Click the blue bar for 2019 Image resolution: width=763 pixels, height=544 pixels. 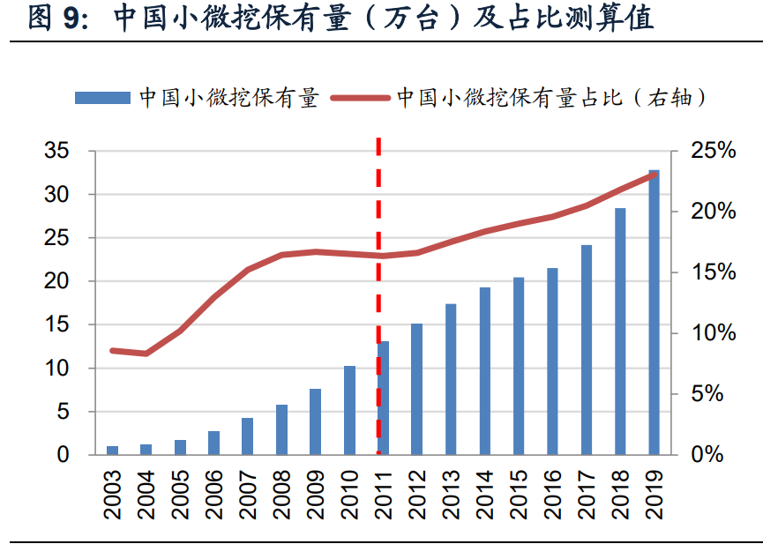pyautogui.click(x=654, y=312)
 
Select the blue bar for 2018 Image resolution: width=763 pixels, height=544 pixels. pyautogui.click(x=620, y=332)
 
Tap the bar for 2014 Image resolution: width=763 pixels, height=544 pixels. pyautogui.click(x=485, y=371)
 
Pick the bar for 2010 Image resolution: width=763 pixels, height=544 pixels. pyautogui.click(x=349, y=410)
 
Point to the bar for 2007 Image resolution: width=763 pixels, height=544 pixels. pyautogui.click(x=248, y=436)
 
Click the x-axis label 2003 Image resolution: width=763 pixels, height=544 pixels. pyautogui.click(x=113, y=496)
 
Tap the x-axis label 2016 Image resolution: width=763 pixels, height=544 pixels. pyautogui.click(x=553, y=496)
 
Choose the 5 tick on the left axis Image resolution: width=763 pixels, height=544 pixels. pyautogui.click(x=63, y=412)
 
